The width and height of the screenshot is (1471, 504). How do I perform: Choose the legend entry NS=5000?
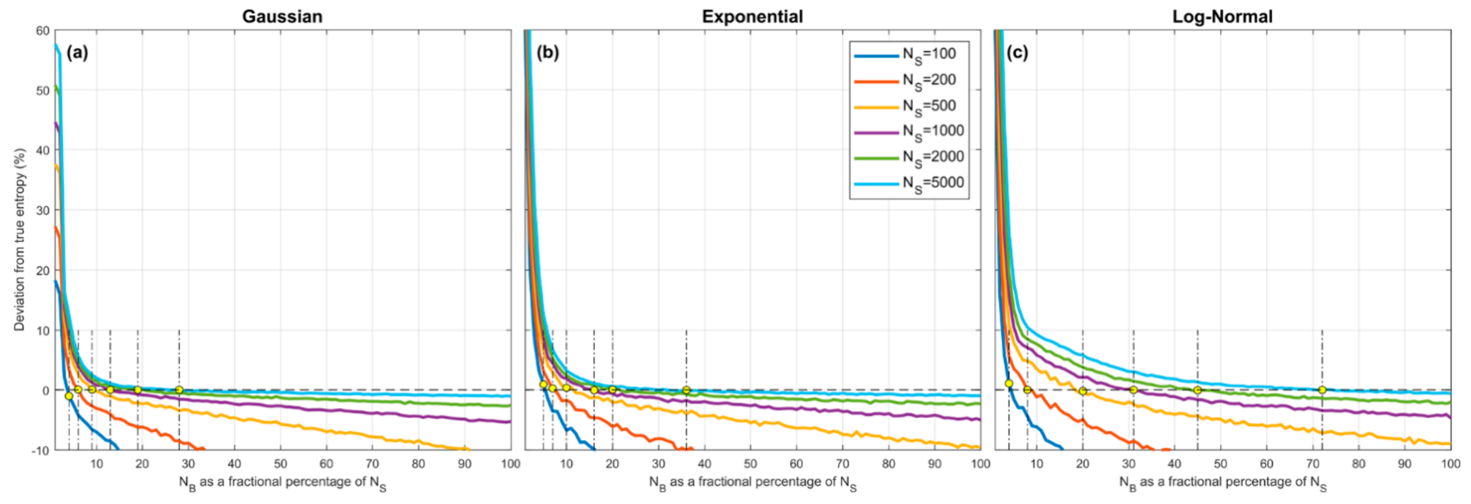point(933,183)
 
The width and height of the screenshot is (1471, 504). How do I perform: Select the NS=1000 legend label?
point(933,132)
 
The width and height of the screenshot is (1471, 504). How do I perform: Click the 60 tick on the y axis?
point(43,31)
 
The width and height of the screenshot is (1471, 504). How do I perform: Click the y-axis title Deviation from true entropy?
point(20,240)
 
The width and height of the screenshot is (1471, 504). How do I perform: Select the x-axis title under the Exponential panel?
point(752,483)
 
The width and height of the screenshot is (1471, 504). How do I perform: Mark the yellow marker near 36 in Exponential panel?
point(687,390)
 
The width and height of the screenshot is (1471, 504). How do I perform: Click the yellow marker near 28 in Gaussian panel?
point(179,390)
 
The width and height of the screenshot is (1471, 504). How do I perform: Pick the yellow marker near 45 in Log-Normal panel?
point(1197,390)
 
